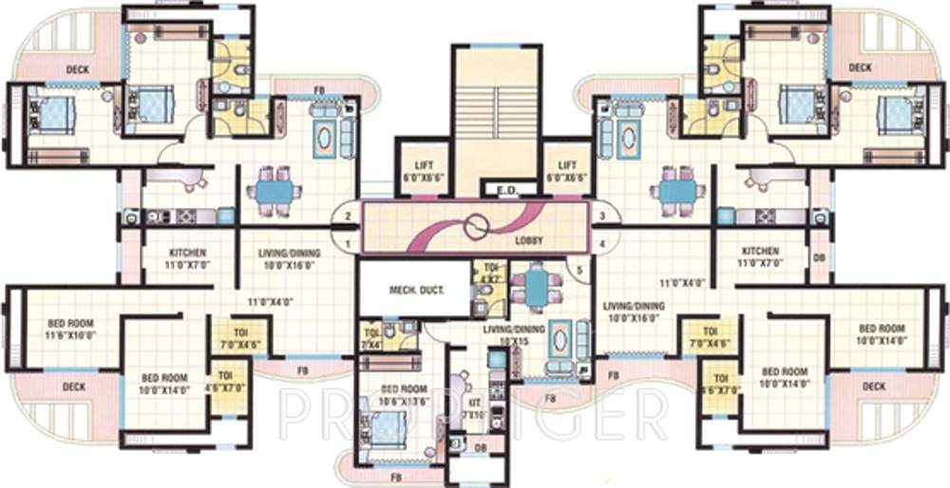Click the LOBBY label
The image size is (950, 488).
coord(528,241)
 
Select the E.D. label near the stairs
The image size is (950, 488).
coord(507,192)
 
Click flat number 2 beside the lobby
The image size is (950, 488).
coord(349,217)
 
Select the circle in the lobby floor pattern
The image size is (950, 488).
coord(475,228)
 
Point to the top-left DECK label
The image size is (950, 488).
coord(78,69)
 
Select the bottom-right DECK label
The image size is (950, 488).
coord(873,386)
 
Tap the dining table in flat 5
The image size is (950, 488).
coord(537,287)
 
